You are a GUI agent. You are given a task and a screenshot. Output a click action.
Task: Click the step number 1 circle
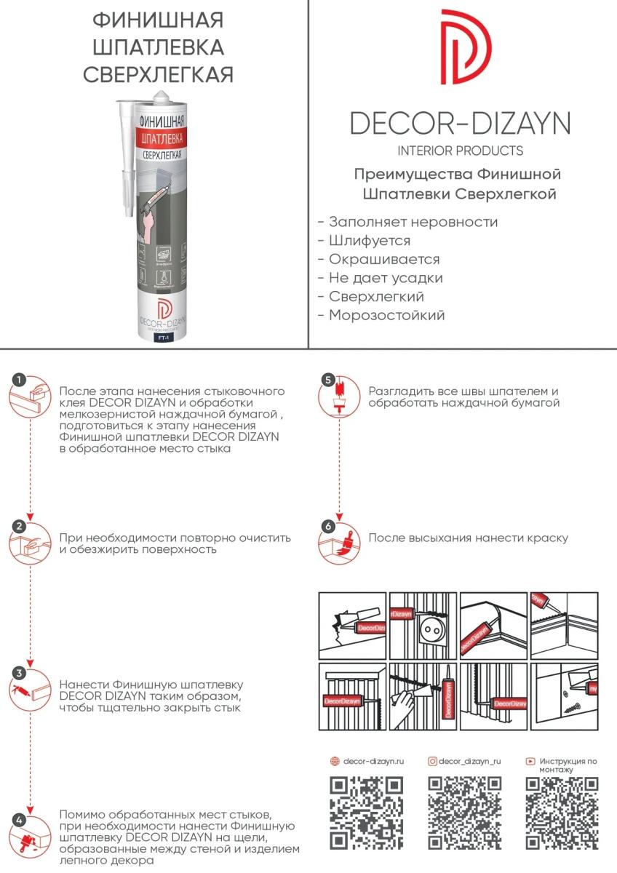tap(20, 379)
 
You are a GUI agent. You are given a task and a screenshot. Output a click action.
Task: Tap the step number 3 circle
tap(20, 673)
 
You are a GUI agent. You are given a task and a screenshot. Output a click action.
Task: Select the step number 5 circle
tap(328, 380)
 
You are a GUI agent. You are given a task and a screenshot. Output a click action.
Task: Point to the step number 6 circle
tap(328, 526)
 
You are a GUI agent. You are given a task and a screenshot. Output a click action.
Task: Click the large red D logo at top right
tap(466, 47)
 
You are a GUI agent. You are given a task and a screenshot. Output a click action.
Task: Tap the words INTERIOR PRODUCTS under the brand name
tap(460, 151)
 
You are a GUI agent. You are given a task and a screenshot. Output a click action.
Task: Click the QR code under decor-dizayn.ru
tap(367, 813)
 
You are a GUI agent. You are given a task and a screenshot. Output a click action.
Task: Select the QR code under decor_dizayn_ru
tap(464, 813)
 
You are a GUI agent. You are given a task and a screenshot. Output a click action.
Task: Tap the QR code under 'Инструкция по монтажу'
tap(562, 813)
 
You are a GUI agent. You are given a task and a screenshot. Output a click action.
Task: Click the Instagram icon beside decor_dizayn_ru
tap(432, 761)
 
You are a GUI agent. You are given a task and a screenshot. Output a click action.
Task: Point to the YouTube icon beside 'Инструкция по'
tap(530, 761)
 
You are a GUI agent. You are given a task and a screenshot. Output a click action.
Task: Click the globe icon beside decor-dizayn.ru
tap(335, 761)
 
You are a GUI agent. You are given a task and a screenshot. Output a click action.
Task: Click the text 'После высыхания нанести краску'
tap(468, 538)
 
